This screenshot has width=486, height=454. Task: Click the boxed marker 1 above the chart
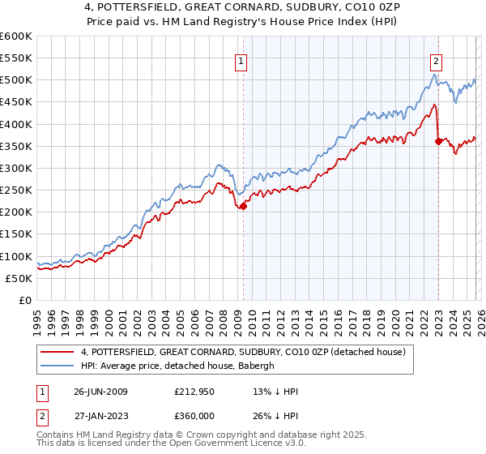(242, 60)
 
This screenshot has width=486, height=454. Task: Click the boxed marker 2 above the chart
(437, 60)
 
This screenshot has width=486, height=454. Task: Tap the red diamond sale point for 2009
(243, 207)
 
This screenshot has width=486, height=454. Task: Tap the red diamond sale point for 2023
(438, 141)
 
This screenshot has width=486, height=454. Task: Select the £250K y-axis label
(16, 191)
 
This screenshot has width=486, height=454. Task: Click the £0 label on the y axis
(25, 300)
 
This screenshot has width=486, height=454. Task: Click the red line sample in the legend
(58, 352)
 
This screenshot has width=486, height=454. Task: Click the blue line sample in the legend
(58, 366)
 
